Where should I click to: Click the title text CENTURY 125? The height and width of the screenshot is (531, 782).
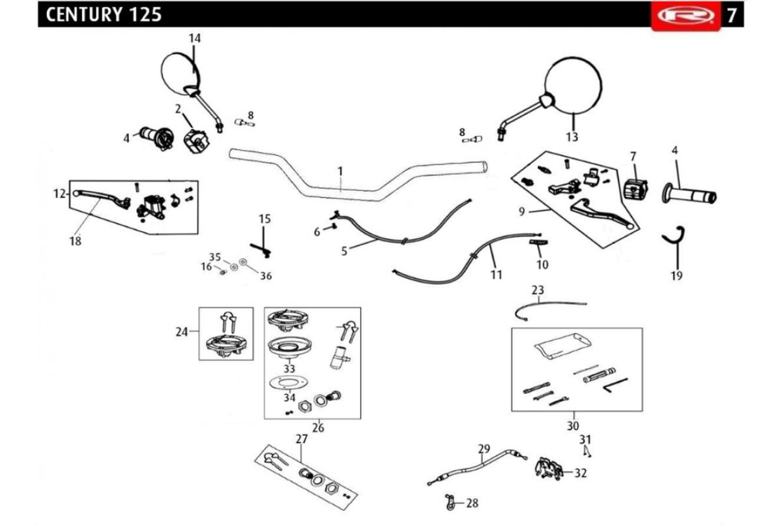pos(104,15)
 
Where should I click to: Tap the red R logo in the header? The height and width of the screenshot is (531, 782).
pos(686,16)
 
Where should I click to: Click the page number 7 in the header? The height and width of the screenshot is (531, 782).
pos(732,16)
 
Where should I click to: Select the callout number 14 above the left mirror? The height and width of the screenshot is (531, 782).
pos(195,38)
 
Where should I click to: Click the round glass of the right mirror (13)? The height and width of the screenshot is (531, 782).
pos(573,85)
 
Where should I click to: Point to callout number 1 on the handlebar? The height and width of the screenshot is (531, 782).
pos(340,172)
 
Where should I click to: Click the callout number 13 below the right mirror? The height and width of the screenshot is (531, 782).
pos(572,137)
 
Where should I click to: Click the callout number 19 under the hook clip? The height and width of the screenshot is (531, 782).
pos(676,276)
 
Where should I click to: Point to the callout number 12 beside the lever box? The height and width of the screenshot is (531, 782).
pos(59,193)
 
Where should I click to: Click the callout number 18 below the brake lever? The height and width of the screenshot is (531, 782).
pos(76,241)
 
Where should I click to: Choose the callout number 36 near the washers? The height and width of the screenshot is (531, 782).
pos(266,276)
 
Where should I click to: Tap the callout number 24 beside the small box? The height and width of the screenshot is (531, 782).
pos(182,332)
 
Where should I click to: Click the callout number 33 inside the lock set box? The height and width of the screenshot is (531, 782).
pos(289,369)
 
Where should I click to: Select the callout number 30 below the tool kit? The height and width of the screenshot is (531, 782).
pos(573,426)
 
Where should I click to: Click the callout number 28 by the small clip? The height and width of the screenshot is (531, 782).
pos(472,503)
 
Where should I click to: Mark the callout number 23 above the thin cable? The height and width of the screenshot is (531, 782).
pos(538,290)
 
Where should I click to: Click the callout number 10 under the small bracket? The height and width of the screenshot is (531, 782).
pos(542,265)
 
